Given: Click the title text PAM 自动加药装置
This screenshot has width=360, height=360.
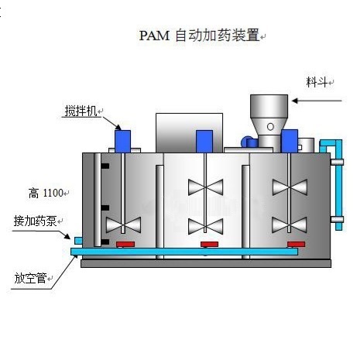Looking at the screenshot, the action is pos(199,36).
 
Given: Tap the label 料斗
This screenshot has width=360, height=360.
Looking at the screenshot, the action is pos(317,82).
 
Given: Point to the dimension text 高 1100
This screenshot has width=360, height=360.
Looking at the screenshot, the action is pos(46,193).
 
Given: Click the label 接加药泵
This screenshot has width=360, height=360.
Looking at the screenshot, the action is pos(35,221).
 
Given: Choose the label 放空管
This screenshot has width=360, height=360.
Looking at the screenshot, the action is pos(30,278).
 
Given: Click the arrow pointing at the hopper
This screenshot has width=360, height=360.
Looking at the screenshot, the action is pos(317,101).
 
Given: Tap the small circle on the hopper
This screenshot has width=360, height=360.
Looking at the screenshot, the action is pos(270,127).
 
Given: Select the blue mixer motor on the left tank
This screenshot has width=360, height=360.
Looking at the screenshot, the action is pos(122,142).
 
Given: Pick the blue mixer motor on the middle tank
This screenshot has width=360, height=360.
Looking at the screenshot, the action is pos(204,142).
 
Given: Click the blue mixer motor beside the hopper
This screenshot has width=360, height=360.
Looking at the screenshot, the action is pos(290,141).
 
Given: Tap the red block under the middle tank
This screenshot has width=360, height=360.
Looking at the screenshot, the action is pos(209,244).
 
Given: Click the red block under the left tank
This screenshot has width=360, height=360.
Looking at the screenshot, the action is pos(125,244).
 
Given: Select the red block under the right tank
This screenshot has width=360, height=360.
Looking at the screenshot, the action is pos(297,244).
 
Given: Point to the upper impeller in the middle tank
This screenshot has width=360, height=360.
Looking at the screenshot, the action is pos(206,187).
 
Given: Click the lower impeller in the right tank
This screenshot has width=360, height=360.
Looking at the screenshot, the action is pos(290,225).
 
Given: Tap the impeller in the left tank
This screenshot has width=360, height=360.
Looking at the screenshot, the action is pos(123,225).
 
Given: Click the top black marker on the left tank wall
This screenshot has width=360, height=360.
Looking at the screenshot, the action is pos(105,166).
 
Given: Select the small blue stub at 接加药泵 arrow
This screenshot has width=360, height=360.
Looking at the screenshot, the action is pos(78,241).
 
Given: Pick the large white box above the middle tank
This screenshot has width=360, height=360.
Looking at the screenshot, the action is pos(189,133).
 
